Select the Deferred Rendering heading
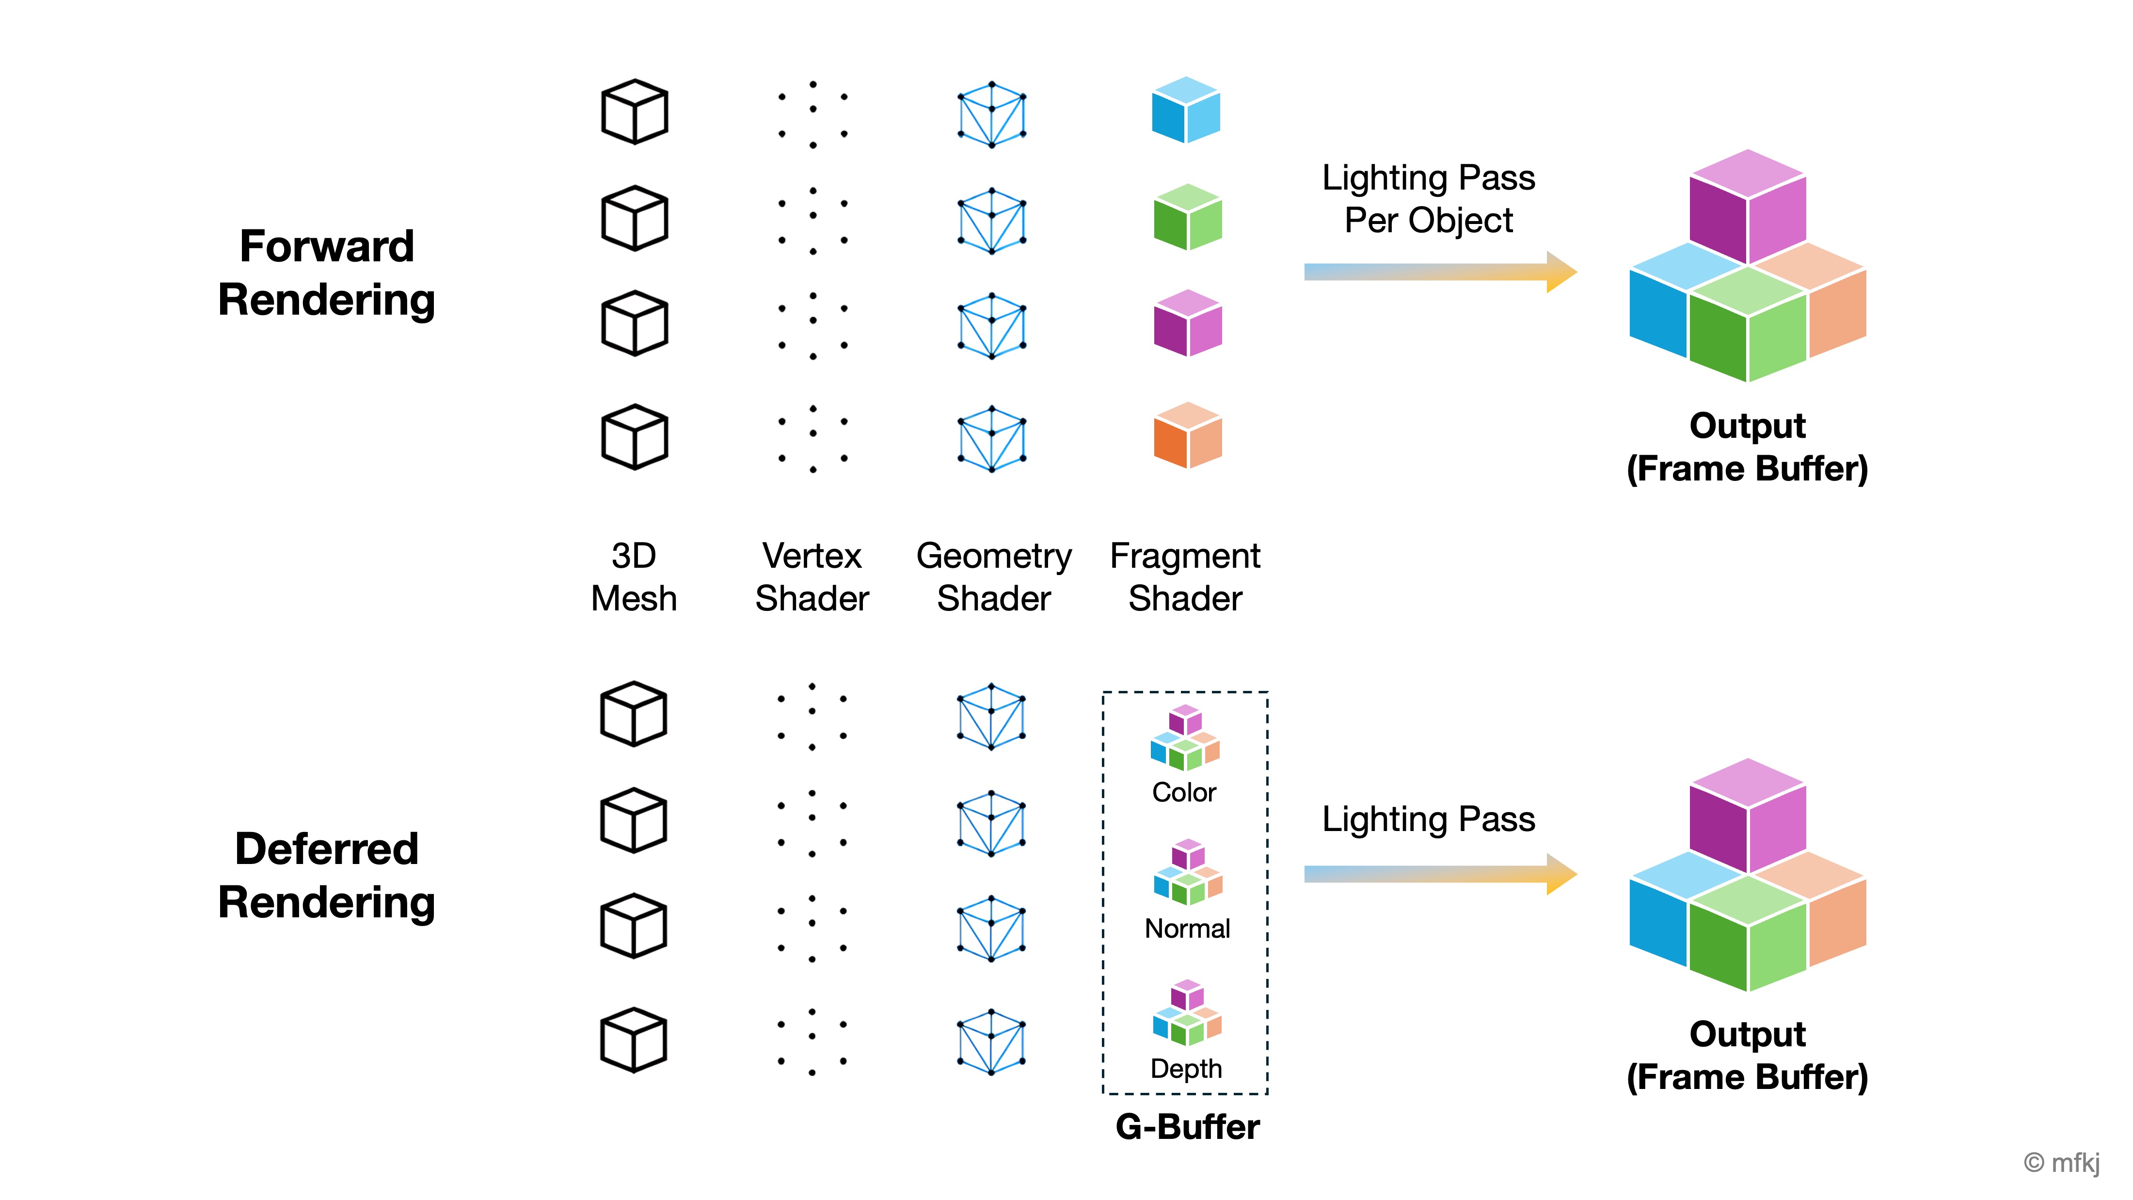coord(326,875)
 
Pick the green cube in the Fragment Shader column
coord(1187,217)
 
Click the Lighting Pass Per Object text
coord(1428,199)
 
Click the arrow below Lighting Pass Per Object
coord(1439,272)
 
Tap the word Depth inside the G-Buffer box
coord(1186,1068)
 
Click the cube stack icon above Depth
coord(1187,1012)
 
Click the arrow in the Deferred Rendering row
coord(1439,874)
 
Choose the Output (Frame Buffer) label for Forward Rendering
coord(1747,447)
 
